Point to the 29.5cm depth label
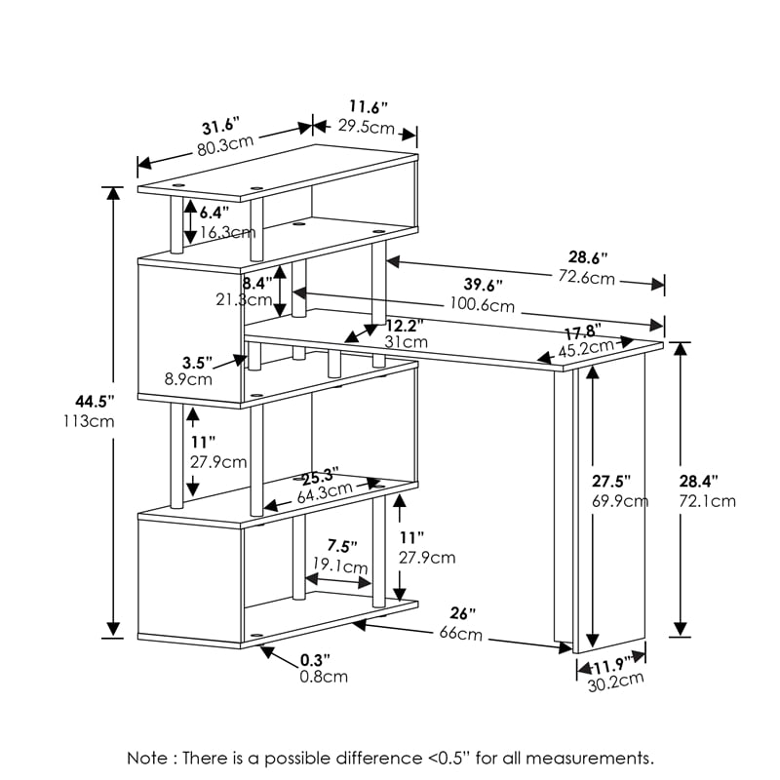(x=366, y=128)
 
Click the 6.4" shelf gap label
(x=214, y=212)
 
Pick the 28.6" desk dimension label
(x=588, y=257)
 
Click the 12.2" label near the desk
(x=404, y=325)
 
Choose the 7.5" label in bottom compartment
(x=341, y=545)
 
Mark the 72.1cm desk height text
(x=709, y=501)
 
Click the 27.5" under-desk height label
(x=611, y=481)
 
